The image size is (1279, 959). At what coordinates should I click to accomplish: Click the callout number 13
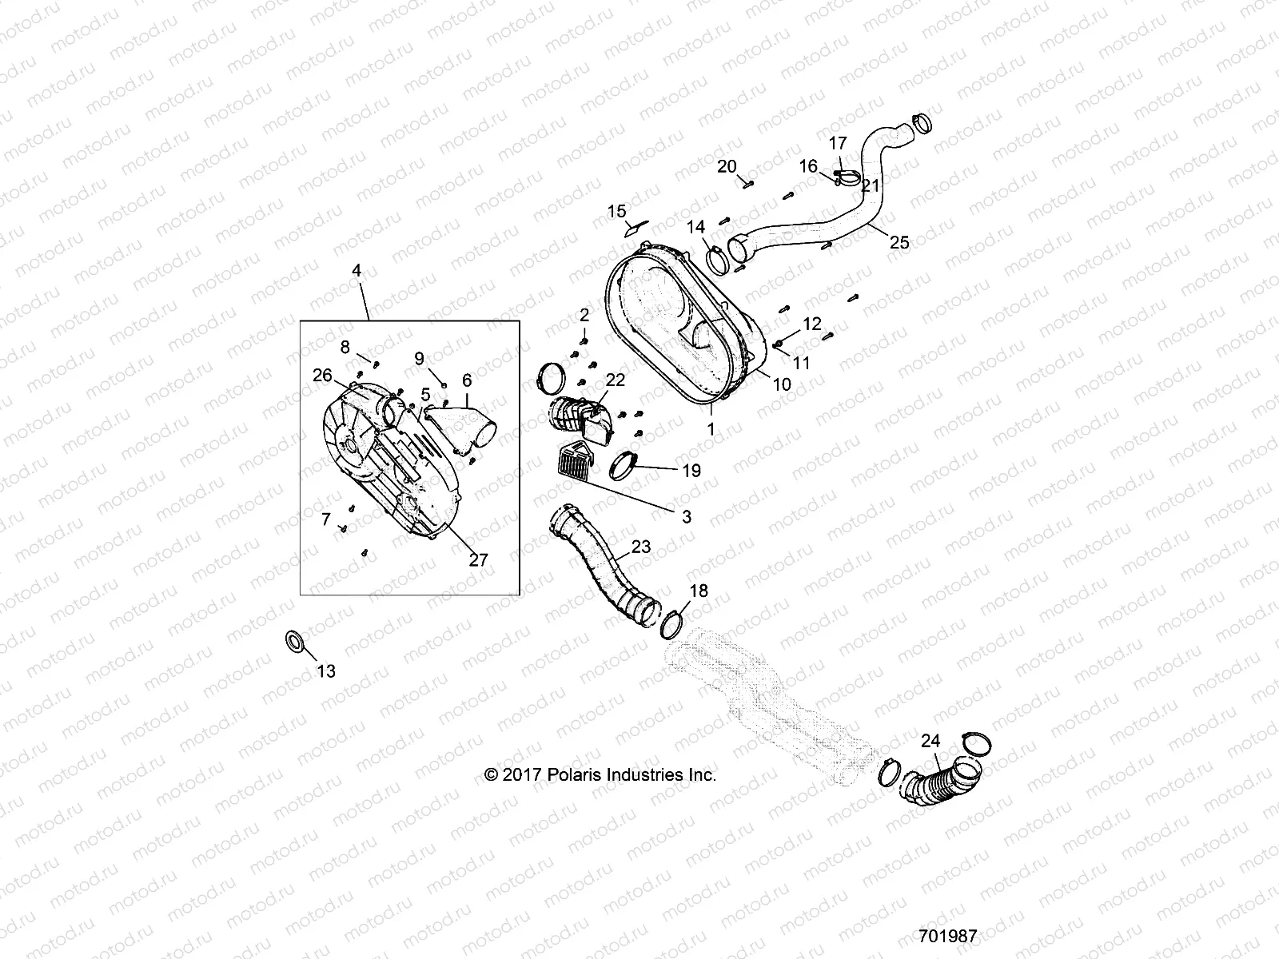click(x=326, y=671)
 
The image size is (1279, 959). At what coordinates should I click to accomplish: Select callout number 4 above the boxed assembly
click(x=357, y=271)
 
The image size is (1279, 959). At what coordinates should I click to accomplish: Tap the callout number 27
click(x=478, y=560)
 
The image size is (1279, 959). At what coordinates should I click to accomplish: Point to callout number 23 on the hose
click(x=641, y=547)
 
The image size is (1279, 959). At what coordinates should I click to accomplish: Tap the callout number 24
click(x=930, y=742)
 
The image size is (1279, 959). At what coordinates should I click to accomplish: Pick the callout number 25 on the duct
click(x=900, y=242)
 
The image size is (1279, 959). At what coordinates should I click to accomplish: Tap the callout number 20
click(x=726, y=166)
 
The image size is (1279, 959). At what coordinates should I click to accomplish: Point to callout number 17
click(x=837, y=144)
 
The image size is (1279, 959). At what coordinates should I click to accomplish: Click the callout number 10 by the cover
click(x=782, y=384)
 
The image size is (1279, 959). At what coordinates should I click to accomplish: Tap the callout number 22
click(x=615, y=380)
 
